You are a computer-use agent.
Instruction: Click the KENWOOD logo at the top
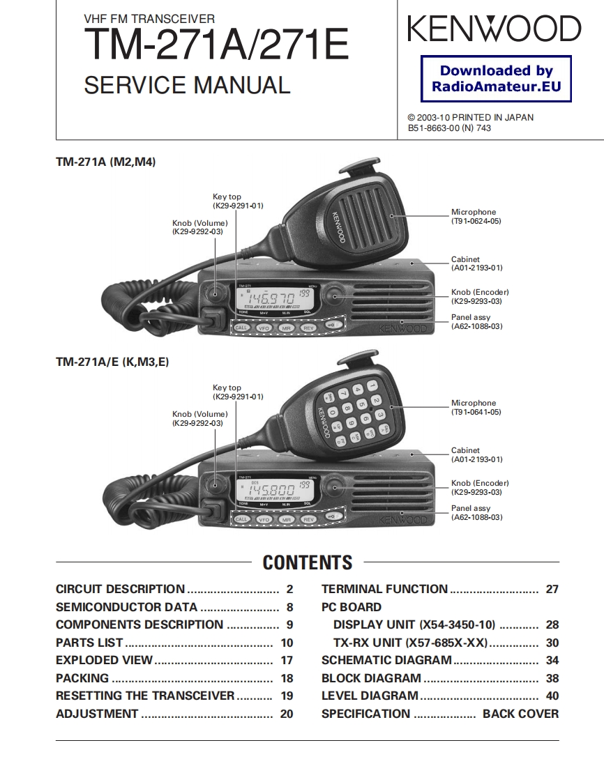point(494,29)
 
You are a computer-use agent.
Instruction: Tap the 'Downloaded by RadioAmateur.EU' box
point(496,79)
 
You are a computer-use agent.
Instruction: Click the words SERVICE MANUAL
point(187,86)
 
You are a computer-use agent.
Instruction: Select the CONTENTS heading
point(308,562)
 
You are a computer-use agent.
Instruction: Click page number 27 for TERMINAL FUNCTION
point(552,590)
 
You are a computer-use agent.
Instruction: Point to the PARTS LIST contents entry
point(89,643)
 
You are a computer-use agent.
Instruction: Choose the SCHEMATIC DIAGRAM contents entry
point(386,660)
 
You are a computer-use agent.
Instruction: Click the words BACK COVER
point(520,714)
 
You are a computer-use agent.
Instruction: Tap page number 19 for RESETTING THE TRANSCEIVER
point(287,696)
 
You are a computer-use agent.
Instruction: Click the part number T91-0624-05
point(476,221)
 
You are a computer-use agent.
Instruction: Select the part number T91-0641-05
point(476,412)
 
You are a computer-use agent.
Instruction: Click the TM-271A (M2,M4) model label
point(105,162)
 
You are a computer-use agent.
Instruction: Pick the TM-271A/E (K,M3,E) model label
point(112,362)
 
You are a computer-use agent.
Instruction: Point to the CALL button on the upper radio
point(241,327)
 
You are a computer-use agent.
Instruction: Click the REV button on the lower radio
point(308,519)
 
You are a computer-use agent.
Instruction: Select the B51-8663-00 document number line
point(449,128)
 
